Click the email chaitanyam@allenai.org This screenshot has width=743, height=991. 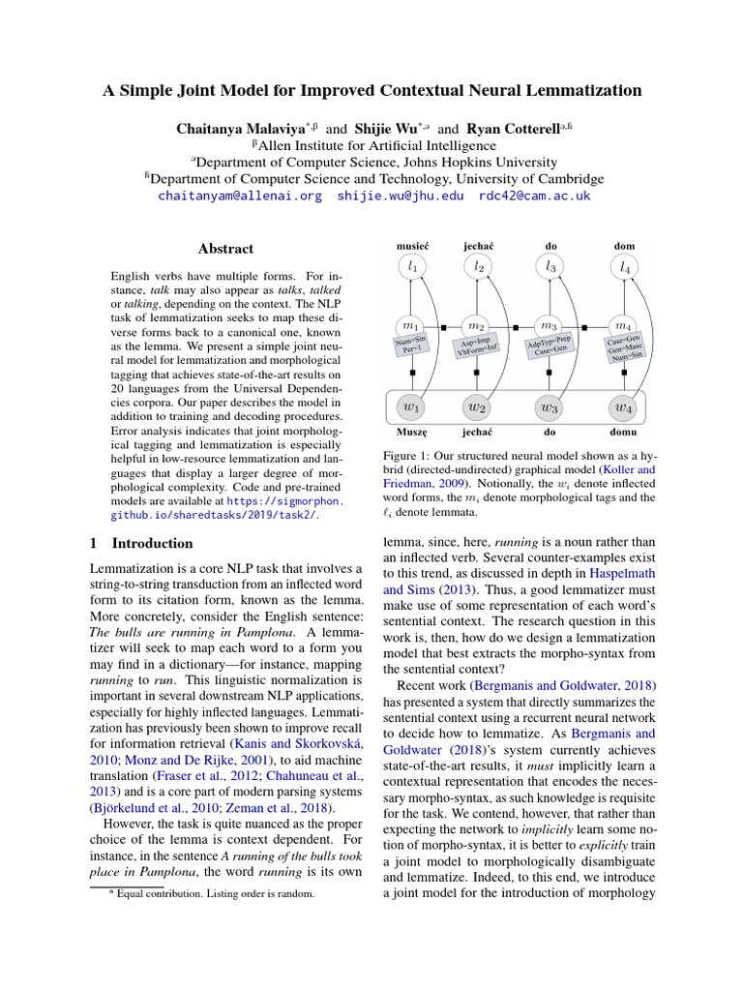tap(239, 195)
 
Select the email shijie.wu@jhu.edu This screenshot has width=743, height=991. tap(401, 195)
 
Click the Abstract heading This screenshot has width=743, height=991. tap(225, 249)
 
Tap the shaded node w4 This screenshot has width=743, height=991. tap(625, 406)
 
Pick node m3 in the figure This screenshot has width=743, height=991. tap(550, 326)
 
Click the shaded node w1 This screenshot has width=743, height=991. tap(412, 406)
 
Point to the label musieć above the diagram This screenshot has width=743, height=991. tap(412, 247)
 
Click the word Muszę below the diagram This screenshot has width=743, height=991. tap(412, 432)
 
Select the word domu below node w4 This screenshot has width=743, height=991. tap(625, 432)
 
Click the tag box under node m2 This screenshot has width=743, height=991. tap(478, 346)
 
